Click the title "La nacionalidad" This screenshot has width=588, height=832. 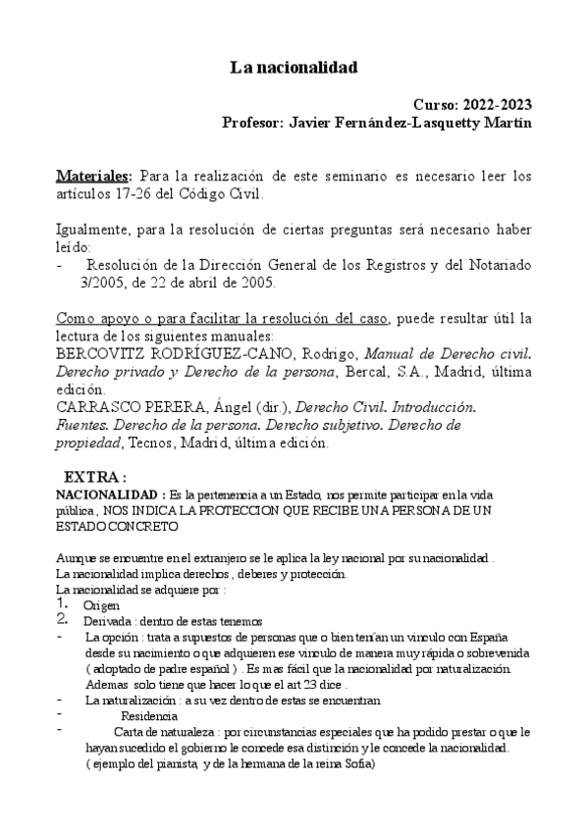point(294,68)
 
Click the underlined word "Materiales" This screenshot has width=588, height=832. point(92,176)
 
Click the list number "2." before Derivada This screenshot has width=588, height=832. point(62,620)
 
